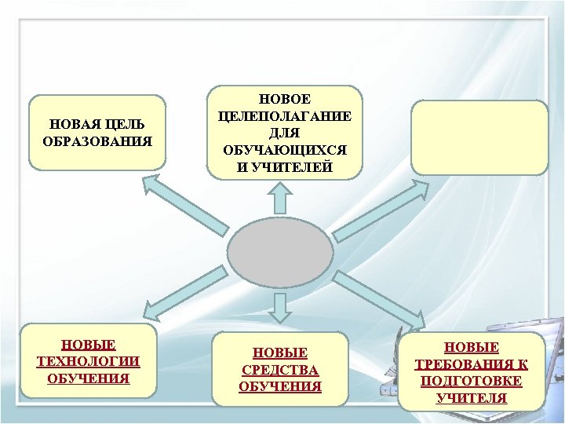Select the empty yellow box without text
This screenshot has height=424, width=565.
[480, 137]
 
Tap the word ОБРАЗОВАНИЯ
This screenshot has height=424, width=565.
[97, 141]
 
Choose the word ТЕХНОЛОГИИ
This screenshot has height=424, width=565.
[89, 361]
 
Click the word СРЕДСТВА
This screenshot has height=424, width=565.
[279, 370]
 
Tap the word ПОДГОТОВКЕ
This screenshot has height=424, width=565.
[471, 381]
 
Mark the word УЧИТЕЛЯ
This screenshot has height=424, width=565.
[471, 398]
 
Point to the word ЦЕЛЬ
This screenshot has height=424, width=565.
[126, 124]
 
